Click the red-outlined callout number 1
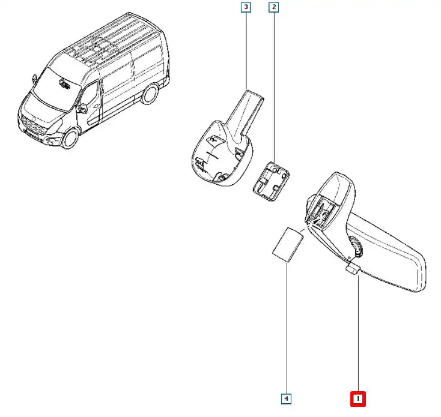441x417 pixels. tap(358, 398)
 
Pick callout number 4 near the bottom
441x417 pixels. tap(287, 398)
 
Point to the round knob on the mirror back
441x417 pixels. tap(354, 245)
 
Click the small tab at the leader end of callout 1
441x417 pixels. tap(353, 268)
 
